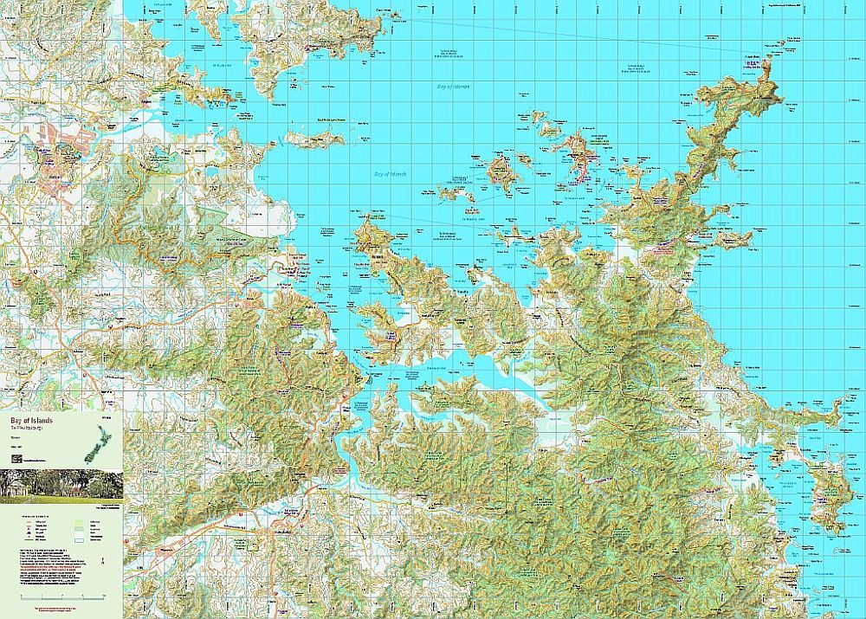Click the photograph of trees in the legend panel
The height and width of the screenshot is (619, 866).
tap(61, 486)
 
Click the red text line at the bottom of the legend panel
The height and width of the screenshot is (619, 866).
tap(61, 611)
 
